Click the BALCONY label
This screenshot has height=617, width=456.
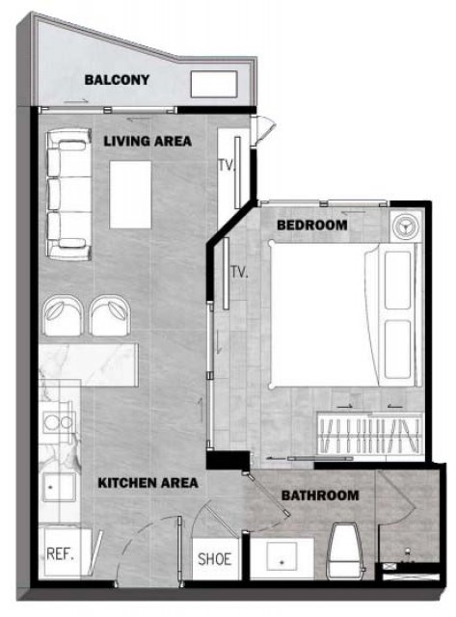point(117,80)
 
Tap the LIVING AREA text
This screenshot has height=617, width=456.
point(148,141)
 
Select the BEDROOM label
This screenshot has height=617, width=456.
point(312,225)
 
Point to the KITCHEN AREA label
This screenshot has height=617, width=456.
point(148,483)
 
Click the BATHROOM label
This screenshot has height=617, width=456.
point(320,496)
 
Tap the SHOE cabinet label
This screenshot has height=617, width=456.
point(214,559)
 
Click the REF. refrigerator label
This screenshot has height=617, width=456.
point(60,554)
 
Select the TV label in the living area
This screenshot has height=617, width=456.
point(227,166)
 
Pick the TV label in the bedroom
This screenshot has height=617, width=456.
point(239,272)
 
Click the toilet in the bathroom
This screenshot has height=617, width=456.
point(345,550)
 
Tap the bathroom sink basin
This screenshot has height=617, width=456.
point(282,556)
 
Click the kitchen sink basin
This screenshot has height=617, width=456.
point(59,487)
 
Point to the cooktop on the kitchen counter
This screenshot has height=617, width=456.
point(58,422)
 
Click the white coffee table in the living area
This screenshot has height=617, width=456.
point(130,195)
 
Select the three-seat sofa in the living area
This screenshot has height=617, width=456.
point(68,194)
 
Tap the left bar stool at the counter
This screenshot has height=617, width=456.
point(63,316)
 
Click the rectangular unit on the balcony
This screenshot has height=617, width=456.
point(214,84)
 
